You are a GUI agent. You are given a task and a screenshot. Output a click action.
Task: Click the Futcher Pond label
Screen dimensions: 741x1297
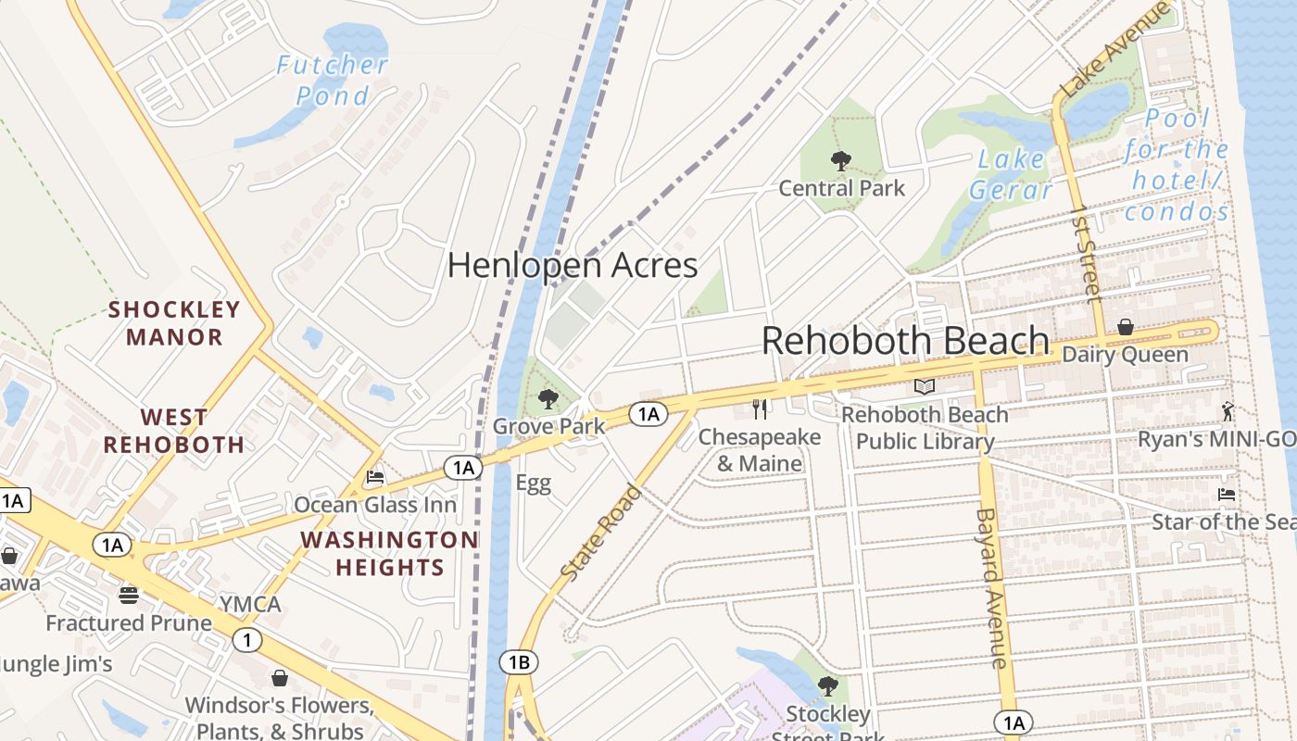(332, 80)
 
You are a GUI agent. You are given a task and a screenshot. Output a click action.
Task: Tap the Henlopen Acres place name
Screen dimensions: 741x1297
(572, 266)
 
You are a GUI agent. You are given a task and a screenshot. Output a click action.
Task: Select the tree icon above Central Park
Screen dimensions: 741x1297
(841, 162)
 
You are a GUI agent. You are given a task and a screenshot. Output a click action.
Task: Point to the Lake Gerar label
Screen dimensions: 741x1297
(1011, 174)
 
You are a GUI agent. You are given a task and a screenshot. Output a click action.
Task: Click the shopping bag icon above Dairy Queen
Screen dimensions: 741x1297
(1125, 327)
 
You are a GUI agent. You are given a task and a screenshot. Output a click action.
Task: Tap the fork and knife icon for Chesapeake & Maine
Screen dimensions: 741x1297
(760, 409)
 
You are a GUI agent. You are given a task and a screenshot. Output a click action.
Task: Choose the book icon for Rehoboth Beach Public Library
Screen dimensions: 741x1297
(924, 387)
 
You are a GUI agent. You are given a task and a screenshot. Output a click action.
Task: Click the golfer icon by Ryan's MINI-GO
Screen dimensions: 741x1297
(1228, 411)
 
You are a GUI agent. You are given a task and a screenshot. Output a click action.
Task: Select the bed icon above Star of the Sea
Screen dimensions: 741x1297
(1227, 495)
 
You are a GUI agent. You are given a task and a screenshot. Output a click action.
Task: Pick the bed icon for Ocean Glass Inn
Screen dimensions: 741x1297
(375, 477)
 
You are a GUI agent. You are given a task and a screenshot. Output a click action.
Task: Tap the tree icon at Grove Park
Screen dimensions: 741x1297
(548, 399)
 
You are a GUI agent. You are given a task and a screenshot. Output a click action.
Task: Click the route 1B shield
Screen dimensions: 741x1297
(518, 661)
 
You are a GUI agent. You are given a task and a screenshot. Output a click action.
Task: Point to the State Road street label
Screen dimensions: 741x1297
(601, 534)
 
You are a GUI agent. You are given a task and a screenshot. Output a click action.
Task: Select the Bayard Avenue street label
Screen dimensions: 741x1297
(990, 587)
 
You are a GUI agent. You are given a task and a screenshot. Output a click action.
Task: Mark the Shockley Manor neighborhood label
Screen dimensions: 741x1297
(174, 322)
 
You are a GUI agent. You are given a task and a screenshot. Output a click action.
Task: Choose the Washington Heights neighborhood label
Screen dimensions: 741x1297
(389, 553)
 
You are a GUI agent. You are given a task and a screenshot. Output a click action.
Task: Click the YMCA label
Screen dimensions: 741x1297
(250, 605)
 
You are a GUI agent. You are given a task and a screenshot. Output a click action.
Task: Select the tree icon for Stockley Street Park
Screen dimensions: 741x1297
(827, 686)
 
